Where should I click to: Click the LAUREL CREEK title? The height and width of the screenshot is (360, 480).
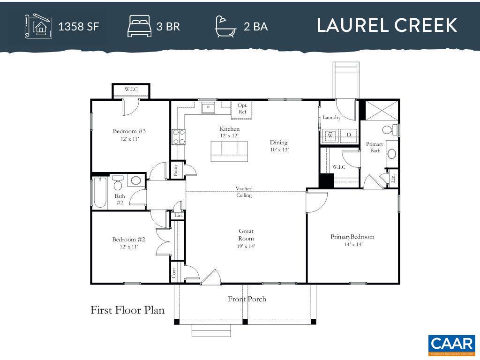pos(387,26)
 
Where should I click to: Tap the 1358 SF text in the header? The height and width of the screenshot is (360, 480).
pos(78,26)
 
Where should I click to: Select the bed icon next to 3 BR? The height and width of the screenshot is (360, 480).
pos(139,26)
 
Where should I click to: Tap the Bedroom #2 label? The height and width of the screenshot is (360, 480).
pos(125,240)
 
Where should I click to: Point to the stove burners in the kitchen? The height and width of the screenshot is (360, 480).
pos(178,136)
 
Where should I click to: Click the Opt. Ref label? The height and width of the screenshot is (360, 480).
pos(242,108)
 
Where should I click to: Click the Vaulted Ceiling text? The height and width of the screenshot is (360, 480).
pos(244,192)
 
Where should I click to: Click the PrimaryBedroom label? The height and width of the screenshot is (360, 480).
pos(352,237)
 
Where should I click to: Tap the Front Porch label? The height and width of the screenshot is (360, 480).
pos(247,299)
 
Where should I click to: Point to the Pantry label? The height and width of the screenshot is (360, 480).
pos(175,169)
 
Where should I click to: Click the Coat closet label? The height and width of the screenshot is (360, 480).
pos(173,272)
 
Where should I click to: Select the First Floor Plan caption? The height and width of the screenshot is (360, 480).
pos(127,310)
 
